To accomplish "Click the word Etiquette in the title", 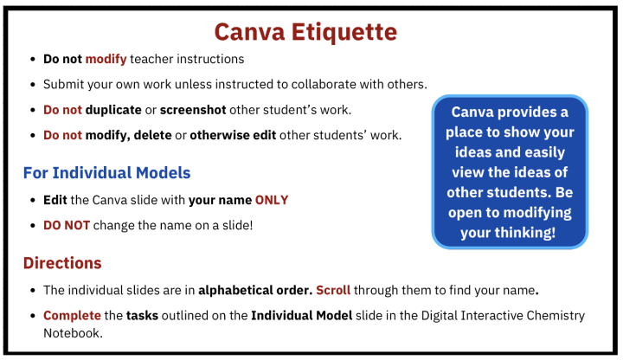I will coord(344,32).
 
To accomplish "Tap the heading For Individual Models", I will coord(106,172).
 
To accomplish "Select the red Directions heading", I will coord(62,262).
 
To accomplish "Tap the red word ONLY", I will coord(271,200).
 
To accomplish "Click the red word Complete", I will coord(71,316).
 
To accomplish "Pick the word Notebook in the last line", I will coord(73,331).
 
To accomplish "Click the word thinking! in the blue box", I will coord(527,232).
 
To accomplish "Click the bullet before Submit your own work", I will coord(32,85).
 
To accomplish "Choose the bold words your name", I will coord(220,200).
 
